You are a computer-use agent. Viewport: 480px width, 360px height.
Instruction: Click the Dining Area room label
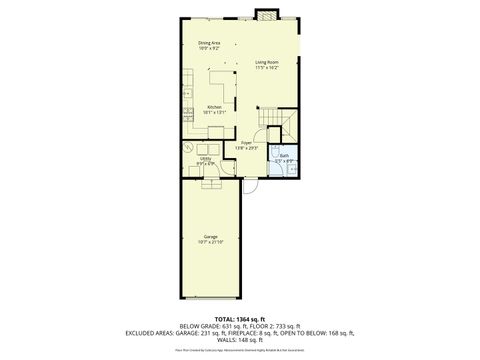coord(209,42)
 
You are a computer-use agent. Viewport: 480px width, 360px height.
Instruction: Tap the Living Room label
coord(265,62)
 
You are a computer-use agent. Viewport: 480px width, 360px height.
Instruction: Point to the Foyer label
coord(245,142)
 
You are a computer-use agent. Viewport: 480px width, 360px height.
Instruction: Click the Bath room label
coord(284,155)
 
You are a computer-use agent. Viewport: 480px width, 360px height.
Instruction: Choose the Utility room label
coord(205,157)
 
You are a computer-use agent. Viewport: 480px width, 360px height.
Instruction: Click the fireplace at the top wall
coord(267,14)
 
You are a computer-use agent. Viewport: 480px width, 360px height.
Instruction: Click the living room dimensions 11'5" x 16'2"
coord(265,68)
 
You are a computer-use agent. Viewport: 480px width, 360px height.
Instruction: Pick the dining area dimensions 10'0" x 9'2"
coord(209,48)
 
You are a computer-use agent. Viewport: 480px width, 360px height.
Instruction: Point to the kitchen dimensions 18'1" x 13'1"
coord(214,112)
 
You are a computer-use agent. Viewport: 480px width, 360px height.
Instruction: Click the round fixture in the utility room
coord(191,145)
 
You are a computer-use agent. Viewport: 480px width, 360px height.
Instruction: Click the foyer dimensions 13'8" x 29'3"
coord(245,148)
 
